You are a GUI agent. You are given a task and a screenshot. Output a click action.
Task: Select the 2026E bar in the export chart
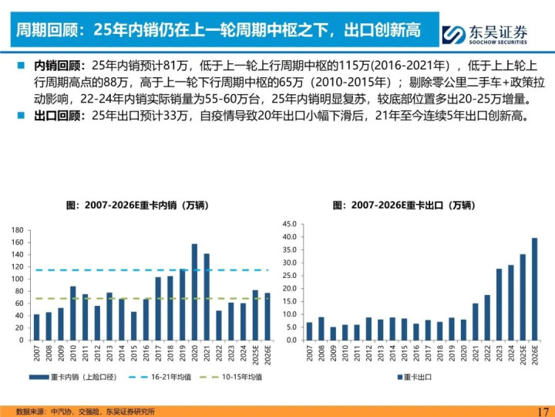(x=534, y=289)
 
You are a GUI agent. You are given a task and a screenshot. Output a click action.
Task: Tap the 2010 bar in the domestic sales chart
(x=72, y=313)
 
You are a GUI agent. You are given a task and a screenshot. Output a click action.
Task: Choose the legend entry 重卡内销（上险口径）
(x=68, y=376)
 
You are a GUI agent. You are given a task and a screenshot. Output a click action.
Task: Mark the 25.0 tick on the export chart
(x=291, y=275)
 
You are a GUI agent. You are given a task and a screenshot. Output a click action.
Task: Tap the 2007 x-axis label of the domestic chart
(x=36, y=352)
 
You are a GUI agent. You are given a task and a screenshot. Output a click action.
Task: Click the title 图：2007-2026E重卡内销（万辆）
(x=136, y=205)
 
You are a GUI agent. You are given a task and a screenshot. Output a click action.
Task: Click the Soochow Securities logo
(x=486, y=34)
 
